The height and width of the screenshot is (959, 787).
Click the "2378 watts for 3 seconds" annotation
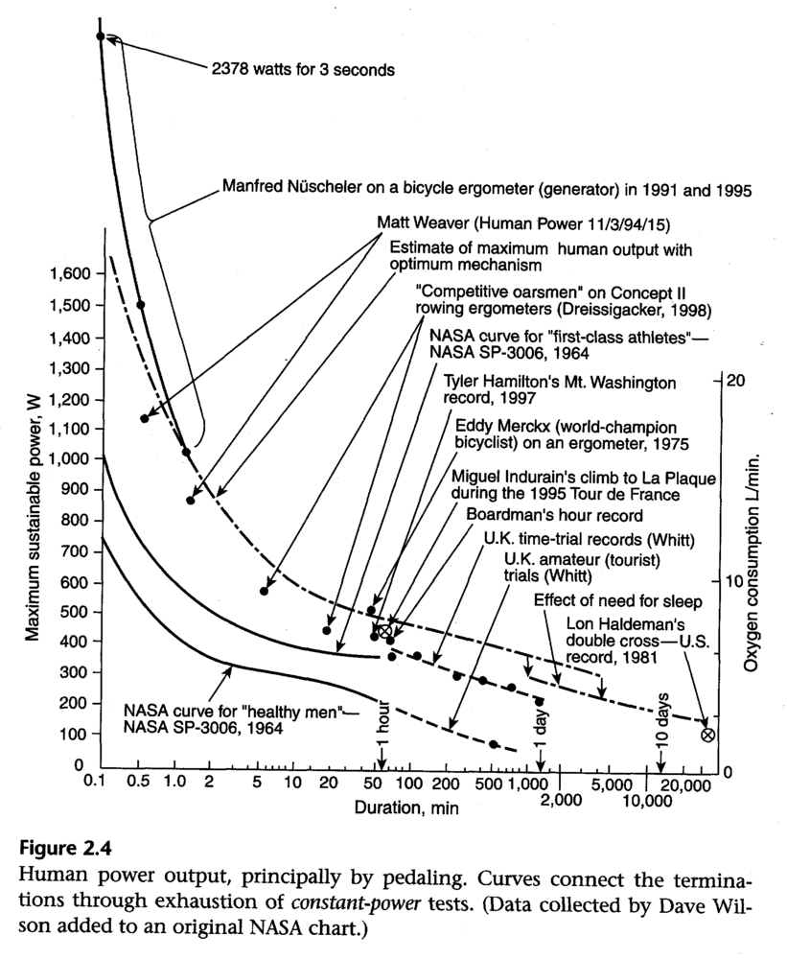pos(303,69)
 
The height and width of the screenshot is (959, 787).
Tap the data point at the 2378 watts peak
pos(100,36)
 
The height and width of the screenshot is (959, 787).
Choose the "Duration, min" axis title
pos(406,808)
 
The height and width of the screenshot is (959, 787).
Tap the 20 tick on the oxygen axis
pos(736,379)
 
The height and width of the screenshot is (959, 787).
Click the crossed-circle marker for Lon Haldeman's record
pos(707,735)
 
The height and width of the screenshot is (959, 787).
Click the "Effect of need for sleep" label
pos(614,601)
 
